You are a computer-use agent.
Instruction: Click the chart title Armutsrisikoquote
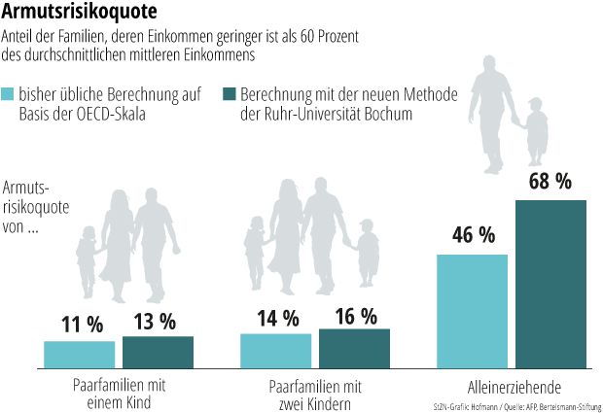[x=79, y=12]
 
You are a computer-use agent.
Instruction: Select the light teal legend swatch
[x=8, y=94]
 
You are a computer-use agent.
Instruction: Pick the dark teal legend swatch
[x=230, y=94]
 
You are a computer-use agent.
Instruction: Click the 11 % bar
[x=79, y=355]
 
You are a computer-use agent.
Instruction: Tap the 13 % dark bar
[x=159, y=353]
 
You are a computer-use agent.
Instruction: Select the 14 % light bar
[x=276, y=351]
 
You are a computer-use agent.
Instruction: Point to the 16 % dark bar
[x=355, y=349]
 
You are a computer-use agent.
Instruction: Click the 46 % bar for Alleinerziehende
[x=473, y=312]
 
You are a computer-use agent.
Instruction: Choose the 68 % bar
[x=551, y=285]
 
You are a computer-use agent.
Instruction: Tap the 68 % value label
[x=550, y=182]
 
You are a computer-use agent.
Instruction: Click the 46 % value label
[x=474, y=235]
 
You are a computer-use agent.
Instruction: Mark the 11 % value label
[x=83, y=325]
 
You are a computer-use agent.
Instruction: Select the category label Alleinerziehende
[x=514, y=388]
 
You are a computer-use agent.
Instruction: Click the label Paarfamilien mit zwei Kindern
[x=315, y=396]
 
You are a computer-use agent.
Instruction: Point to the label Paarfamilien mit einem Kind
[x=119, y=394]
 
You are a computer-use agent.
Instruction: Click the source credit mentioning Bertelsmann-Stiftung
[x=517, y=407]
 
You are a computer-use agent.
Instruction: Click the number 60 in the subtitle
[x=307, y=37]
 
